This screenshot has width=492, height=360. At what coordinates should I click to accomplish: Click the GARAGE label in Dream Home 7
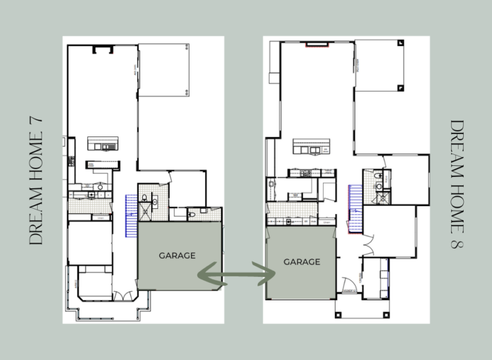[x=177, y=256]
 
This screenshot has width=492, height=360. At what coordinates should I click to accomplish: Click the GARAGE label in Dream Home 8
[x=301, y=262]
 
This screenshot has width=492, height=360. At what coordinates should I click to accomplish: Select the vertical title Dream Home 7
[x=37, y=180]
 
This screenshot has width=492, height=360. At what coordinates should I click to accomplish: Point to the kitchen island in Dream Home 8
[x=311, y=148]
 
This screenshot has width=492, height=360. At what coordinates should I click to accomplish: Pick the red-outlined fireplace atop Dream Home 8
[x=316, y=45]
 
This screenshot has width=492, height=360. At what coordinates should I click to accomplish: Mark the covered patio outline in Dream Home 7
[x=165, y=70]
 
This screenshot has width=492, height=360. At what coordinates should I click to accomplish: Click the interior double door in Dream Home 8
[x=366, y=245]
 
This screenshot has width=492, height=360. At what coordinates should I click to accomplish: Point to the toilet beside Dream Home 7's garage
[x=192, y=213]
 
